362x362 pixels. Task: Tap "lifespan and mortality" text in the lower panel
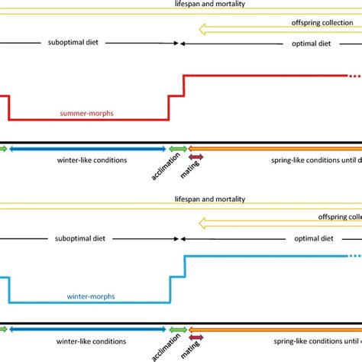tap(209, 198)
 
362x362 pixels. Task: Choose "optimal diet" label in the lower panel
tap(313, 238)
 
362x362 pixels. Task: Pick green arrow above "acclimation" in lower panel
tap(178, 329)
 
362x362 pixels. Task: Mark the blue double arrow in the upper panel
tap(87, 148)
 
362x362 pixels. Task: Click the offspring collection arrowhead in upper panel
tap(202, 31)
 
